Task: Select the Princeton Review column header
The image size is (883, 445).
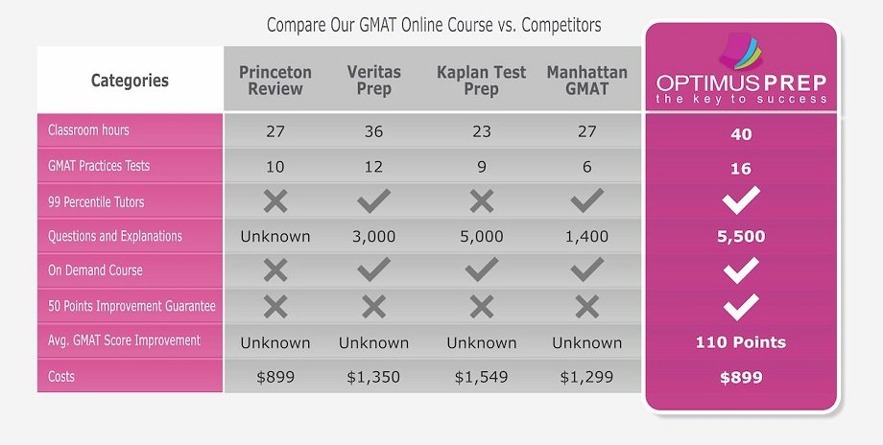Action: [275, 81]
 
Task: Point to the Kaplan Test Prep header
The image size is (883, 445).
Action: [481, 81]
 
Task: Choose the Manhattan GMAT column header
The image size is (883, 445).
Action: [586, 81]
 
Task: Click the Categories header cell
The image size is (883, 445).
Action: [130, 81]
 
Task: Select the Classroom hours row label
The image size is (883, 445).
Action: [88, 130]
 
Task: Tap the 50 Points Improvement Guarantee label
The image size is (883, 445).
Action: [131, 306]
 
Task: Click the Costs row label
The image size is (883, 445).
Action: [61, 377]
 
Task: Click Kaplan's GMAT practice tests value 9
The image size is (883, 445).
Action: [481, 167]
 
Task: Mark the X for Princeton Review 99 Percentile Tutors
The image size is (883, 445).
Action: [275, 200]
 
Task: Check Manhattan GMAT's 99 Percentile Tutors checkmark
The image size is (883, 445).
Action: [586, 200]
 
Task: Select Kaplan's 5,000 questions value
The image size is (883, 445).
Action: [481, 237]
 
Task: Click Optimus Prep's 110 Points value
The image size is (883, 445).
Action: [740, 342]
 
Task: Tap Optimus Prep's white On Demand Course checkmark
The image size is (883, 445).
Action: [740, 271]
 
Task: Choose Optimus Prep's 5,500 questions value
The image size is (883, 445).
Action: [740, 237]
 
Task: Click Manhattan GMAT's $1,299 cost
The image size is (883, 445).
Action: [586, 378]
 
